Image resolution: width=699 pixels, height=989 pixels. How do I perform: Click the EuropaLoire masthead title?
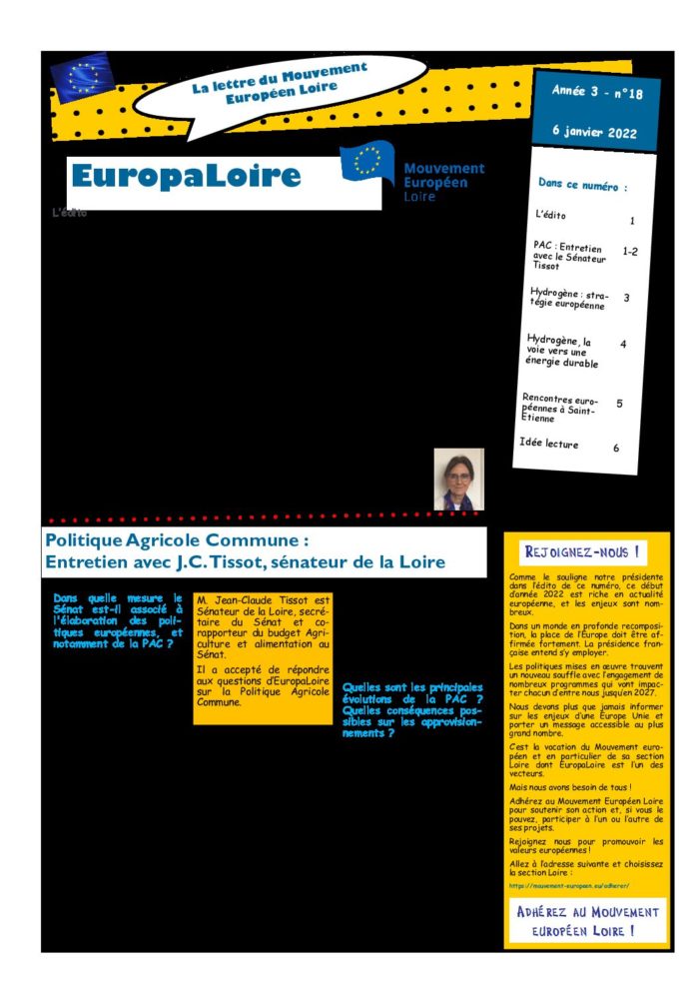click(x=186, y=177)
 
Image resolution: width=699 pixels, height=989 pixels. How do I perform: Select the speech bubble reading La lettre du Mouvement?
click(x=279, y=85)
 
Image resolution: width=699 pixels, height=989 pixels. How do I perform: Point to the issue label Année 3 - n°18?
click(x=597, y=93)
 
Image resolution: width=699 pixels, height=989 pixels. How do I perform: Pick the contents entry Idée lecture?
click(x=549, y=443)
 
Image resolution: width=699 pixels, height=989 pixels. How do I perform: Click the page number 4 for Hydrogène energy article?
click(x=623, y=344)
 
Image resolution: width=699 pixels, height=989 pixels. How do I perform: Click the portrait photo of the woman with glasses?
click(x=458, y=480)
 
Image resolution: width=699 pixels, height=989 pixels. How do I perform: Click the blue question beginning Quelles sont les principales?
click(x=411, y=709)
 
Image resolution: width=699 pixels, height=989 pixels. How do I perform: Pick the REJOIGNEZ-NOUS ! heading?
click(x=582, y=551)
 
